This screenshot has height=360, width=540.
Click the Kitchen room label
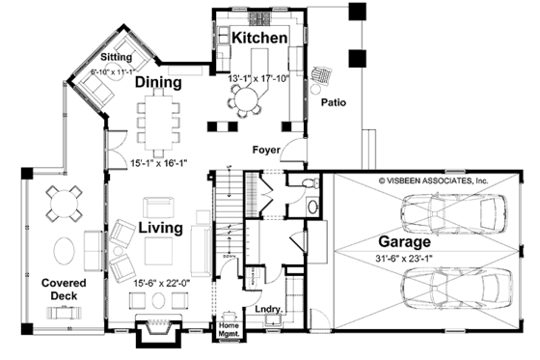click(258, 38)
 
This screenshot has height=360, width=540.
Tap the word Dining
click(158, 83)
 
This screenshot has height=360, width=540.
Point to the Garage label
click(406, 241)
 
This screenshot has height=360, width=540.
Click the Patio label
click(333, 101)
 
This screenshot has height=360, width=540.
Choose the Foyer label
click(266, 150)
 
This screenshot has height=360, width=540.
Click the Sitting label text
click(101, 58)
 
